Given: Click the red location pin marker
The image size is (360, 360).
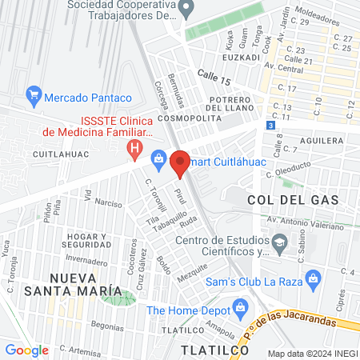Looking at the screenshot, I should coord(180,163).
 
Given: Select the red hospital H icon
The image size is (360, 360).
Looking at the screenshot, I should coord(135,149).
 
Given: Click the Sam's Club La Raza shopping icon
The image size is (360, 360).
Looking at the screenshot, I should coord(314,279).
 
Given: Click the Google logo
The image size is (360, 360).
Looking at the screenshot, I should coord(27,350).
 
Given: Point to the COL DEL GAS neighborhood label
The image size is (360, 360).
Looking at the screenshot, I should coord(293,199).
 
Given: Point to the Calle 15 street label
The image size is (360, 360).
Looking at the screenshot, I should coord(214,74).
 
